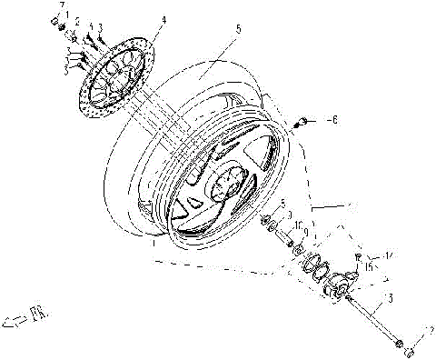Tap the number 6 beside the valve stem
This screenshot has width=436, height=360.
coord(332,119)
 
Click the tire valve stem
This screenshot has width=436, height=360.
coord(310,119)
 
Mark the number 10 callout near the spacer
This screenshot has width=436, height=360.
coord(297,224)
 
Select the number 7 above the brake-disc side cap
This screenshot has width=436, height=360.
coord(63,6)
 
